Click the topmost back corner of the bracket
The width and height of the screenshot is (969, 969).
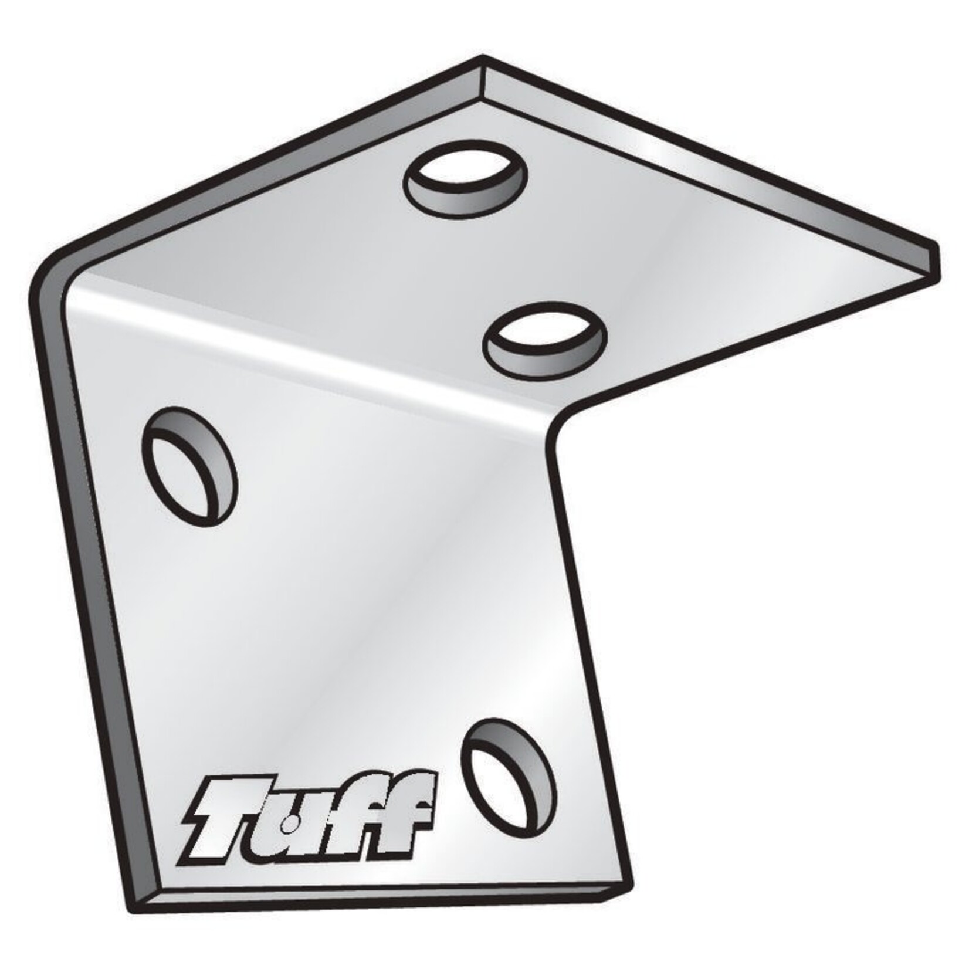coord(483,58)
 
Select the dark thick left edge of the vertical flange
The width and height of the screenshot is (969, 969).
coord(88,587)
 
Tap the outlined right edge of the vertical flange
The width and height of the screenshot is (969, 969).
coord(592,663)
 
